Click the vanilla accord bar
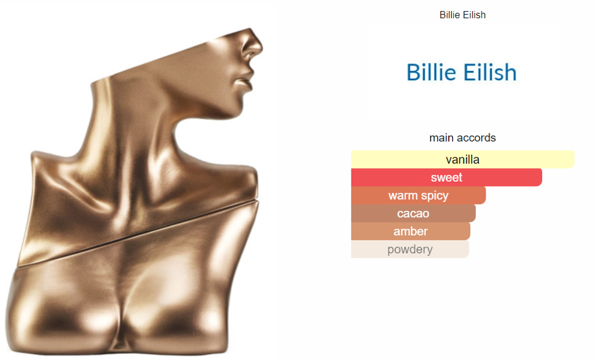462,159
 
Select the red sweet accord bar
446,177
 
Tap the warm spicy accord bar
419,195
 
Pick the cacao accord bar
413,213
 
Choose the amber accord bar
410,231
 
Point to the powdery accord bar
410,249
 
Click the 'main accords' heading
462,137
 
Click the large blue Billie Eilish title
462,72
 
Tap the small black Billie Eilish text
462,15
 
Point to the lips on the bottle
245,83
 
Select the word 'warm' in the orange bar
401,195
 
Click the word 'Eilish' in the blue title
490,72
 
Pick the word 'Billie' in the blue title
431,72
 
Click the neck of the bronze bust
129,114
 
